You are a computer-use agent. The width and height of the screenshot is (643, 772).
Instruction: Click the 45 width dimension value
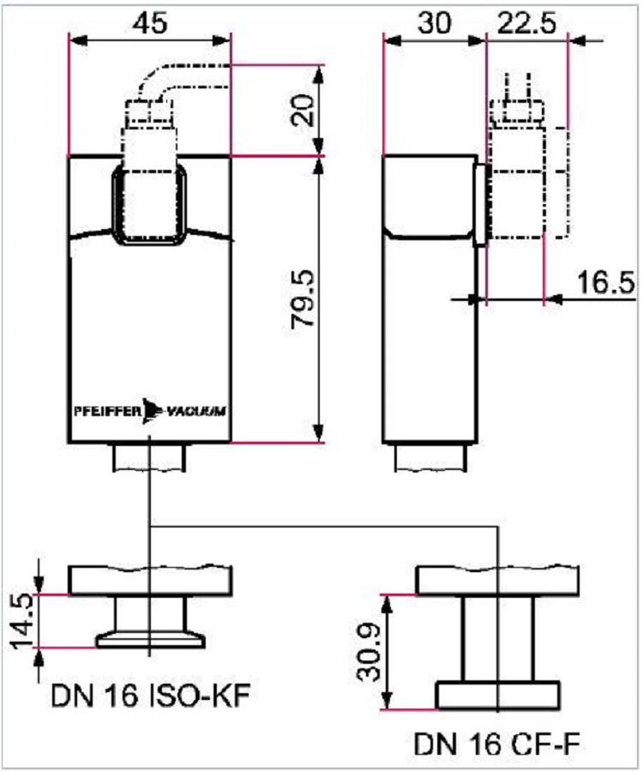(151, 22)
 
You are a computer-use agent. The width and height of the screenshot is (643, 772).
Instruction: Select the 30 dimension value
(434, 22)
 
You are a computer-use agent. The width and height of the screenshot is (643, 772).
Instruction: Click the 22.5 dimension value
(526, 22)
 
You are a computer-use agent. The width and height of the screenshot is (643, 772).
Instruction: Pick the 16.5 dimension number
(605, 282)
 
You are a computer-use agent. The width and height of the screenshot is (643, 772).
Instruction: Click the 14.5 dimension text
(22, 620)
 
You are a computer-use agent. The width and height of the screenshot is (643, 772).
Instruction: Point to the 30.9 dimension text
(370, 653)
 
